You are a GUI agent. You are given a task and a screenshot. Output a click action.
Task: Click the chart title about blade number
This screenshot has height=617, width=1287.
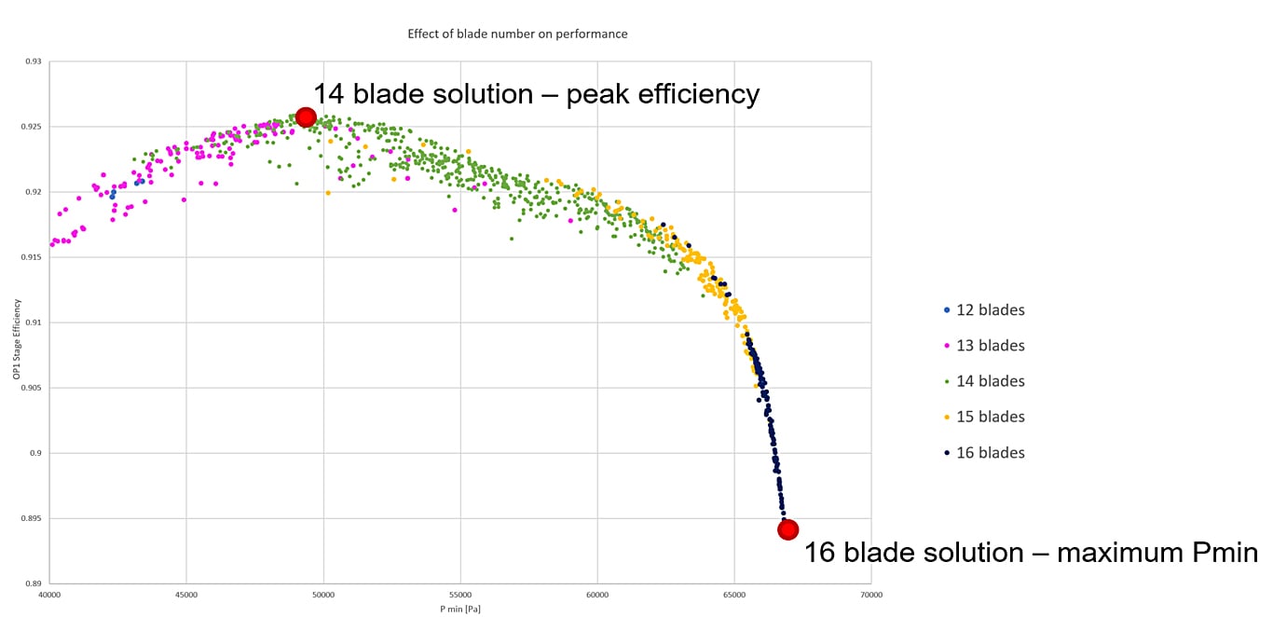point(517,34)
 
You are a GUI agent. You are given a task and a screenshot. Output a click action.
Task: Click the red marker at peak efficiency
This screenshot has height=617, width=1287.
point(306,117)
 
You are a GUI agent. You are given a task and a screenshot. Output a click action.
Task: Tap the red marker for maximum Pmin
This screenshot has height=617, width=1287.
point(787,529)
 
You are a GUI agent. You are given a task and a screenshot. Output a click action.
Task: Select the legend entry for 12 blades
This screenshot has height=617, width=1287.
point(989,310)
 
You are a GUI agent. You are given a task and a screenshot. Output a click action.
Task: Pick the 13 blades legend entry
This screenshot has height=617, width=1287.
point(989,346)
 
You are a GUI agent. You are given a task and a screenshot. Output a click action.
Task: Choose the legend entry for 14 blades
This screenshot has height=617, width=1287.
point(989,381)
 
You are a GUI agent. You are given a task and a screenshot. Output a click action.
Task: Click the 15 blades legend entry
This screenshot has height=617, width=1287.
point(989,417)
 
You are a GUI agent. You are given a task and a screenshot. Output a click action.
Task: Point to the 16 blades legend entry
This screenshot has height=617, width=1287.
point(989,452)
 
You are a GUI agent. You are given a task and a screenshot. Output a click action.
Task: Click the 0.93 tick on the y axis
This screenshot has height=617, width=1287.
point(34,62)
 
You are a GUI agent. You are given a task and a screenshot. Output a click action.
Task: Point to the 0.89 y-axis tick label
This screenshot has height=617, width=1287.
point(34,583)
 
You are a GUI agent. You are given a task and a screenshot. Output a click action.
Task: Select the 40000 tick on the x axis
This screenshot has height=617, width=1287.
point(49,594)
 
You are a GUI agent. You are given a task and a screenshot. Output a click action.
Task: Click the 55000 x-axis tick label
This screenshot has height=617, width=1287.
point(460,594)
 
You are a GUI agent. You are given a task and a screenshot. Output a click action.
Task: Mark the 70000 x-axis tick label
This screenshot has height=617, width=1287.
point(871,594)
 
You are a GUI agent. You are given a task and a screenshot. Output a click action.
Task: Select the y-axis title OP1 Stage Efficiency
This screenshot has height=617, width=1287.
point(14,322)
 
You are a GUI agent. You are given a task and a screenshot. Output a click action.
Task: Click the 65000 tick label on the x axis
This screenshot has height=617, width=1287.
point(734,594)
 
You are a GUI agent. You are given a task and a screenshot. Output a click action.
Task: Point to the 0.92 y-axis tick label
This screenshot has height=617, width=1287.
point(34,192)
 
